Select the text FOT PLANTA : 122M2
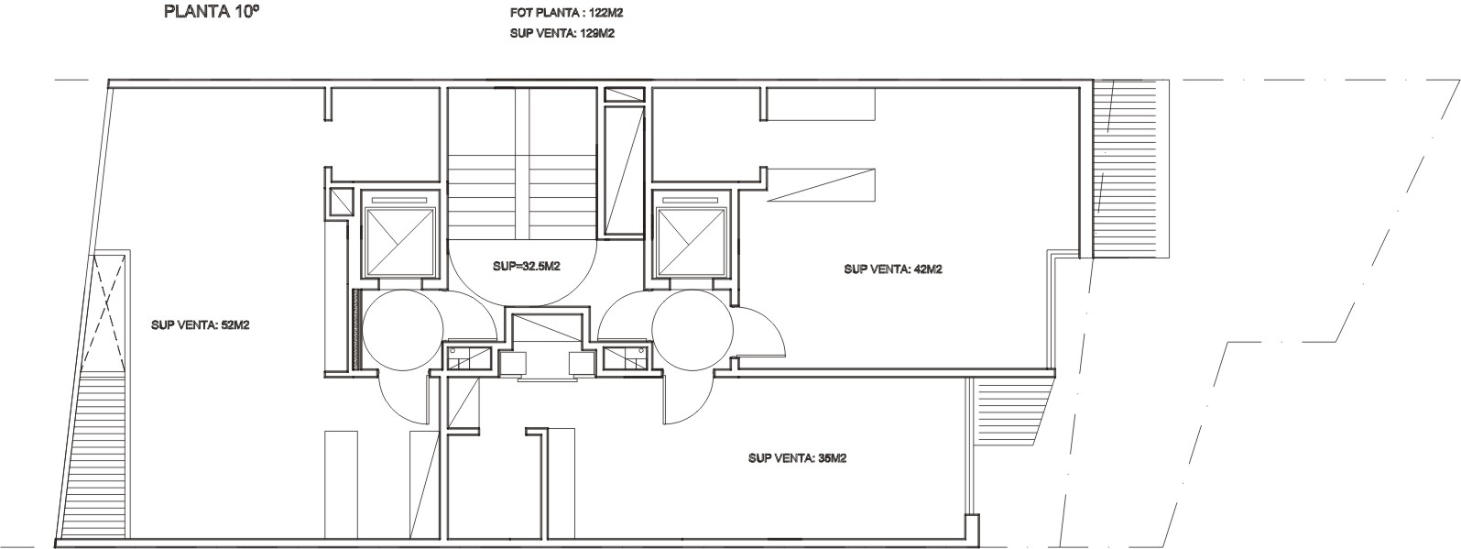click(562, 13)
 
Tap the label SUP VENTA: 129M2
click(562, 33)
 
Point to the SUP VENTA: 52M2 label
click(201, 324)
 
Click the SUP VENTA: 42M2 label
click(893, 269)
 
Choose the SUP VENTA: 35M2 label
click(797, 458)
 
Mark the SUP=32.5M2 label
click(527, 266)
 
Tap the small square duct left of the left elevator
click(341, 202)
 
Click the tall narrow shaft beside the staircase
click(624, 171)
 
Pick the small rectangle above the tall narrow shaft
click(624, 95)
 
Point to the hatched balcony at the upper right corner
click(1131, 169)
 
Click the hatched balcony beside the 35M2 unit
click(1009, 412)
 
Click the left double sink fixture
click(470, 358)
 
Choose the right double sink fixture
click(625, 358)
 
